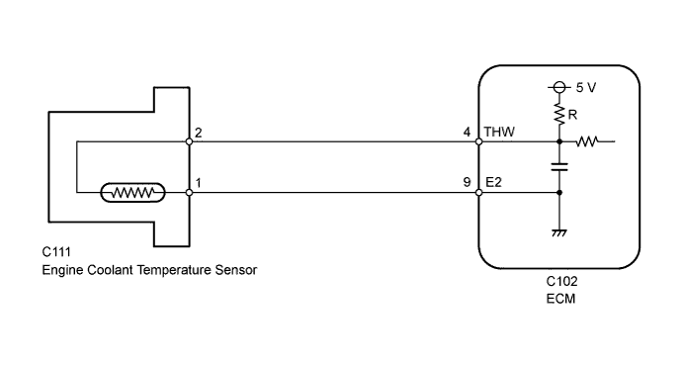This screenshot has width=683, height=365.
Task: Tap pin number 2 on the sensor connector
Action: point(199,132)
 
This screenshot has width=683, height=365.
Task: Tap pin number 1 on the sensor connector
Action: point(199,182)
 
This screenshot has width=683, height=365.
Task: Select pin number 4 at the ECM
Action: point(468,132)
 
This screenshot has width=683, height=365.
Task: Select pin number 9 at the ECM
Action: point(468,182)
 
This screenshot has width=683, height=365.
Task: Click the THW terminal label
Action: point(498,132)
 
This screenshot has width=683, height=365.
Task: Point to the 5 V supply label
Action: point(585,87)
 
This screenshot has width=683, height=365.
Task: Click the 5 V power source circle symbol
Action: point(560,87)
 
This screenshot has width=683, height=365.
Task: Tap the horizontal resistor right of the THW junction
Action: point(588,141)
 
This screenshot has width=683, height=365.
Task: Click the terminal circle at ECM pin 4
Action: point(479,141)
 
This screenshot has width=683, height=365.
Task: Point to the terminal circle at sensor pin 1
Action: point(189,193)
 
